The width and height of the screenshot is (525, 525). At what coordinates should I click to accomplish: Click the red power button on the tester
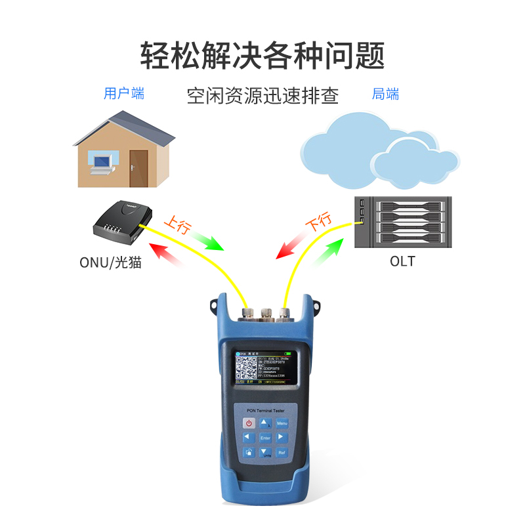tap(249, 423)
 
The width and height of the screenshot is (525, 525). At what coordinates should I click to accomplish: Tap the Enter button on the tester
tap(265, 437)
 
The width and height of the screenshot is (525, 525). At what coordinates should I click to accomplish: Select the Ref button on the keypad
tap(282, 452)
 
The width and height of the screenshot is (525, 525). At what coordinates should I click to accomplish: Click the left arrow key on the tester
tap(248, 438)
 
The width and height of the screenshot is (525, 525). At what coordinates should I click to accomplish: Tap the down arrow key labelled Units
tap(265, 452)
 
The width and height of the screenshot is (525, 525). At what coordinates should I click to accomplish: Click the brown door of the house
tap(138, 169)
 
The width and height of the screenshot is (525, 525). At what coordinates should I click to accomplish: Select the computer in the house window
tap(100, 163)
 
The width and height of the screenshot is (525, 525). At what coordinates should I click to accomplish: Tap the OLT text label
tap(402, 261)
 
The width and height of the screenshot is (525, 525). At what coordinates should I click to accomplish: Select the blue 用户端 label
tap(124, 94)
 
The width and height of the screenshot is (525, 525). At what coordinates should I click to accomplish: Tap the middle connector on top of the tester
tap(266, 313)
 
